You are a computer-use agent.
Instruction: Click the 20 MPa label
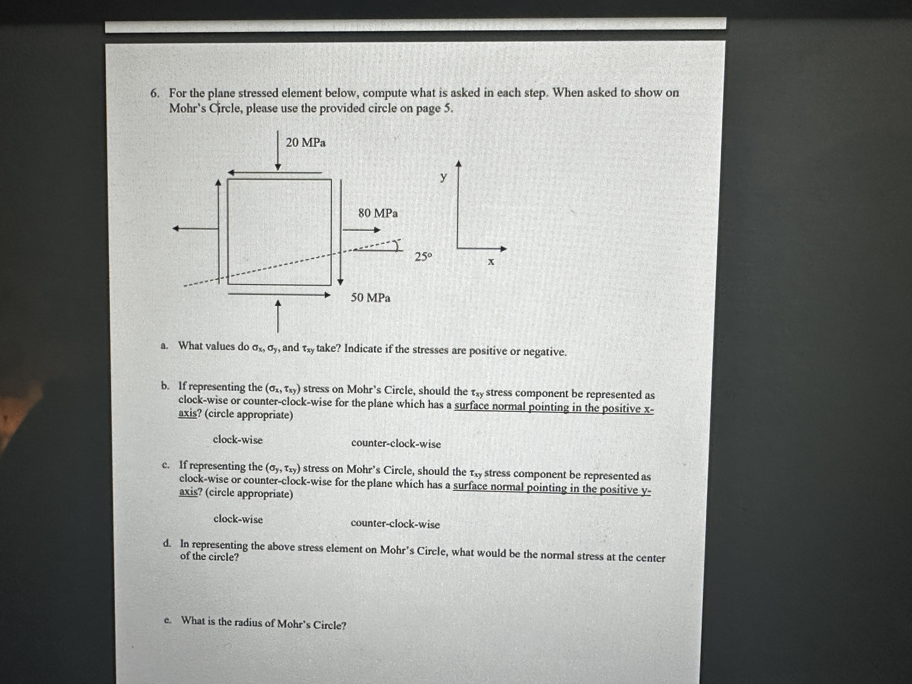[306, 143]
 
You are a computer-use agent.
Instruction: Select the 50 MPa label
[370, 298]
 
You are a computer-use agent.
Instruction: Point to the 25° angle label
[423, 257]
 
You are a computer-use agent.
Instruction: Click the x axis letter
[491, 261]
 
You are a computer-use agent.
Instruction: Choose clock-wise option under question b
[237, 440]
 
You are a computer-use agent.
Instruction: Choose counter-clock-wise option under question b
[396, 444]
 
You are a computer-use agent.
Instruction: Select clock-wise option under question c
[238, 519]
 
